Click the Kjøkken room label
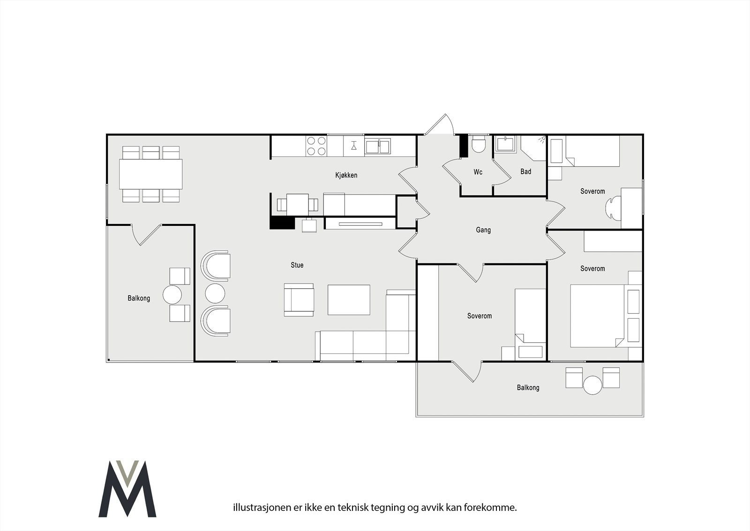click(346, 175)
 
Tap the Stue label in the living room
click(297, 265)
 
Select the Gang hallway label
click(483, 230)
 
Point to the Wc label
click(478, 172)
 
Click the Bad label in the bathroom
click(525, 172)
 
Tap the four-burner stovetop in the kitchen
click(316, 146)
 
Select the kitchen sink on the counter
click(377, 146)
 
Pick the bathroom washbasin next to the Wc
click(506, 144)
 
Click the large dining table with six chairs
click(150, 174)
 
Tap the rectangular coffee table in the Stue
click(349, 300)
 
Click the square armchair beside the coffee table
click(299, 300)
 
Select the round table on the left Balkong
click(172, 295)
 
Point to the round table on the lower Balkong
click(592, 385)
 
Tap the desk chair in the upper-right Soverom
click(613, 208)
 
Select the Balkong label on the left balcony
click(139, 298)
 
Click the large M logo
click(127, 488)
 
